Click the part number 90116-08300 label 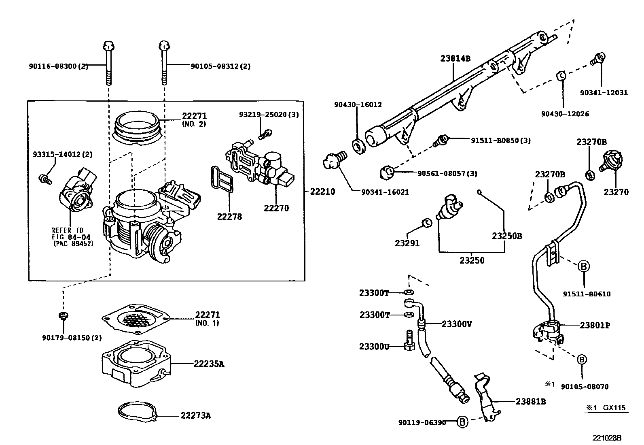(x=58, y=66)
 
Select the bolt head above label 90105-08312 (x=163, y=45)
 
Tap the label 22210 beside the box (x=322, y=191)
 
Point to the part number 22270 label (x=276, y=208)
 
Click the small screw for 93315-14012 (x=44, y=179)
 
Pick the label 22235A (x=209, y=364)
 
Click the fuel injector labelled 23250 (x=450, y=207)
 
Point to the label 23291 (x=407, y=243)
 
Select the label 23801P (x=595, y=325)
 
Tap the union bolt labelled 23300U (x=408, y=341)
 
